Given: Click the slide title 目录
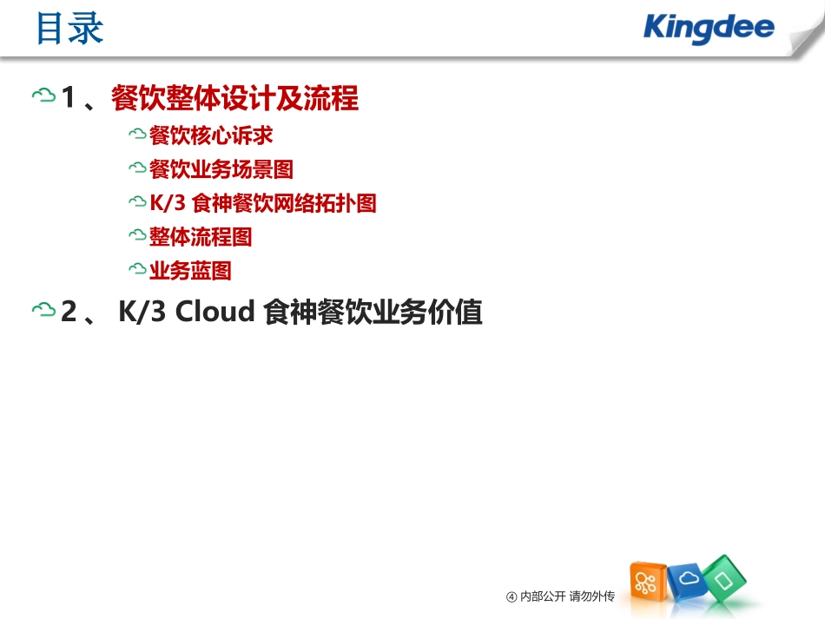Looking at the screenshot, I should pyautogui.click(x=69, y=30).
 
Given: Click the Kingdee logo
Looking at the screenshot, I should pyautogui.click(x=709, y=28).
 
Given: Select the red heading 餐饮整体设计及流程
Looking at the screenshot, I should pyautogui.click(x=234, y=99).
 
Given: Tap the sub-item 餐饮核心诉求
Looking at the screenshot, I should pyautogui.click(x=211, y=135).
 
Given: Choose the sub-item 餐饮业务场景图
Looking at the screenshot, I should pyautogui.click(x=221, y=169).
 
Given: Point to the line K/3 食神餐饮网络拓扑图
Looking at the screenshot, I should pyautogui.click(x=262, y=203).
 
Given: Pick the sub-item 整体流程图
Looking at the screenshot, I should pyautogui.click(x=201, y=236).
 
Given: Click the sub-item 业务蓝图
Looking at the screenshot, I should pyautogui.click(x=190, y=271).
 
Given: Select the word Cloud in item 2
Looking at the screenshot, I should pyautogui.click(x=214, y=312).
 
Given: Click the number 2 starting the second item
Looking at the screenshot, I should pyautogui.click(x=69, y=312).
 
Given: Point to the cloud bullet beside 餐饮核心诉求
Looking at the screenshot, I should pyautogui.click(x=136, y=135).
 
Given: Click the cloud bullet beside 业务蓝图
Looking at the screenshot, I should pyautogui.click(x=136, y=271).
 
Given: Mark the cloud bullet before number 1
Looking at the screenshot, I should pyautogui.click(x=43, y=96).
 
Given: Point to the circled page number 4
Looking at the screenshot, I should pyautogui.click(x=511, y=596).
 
